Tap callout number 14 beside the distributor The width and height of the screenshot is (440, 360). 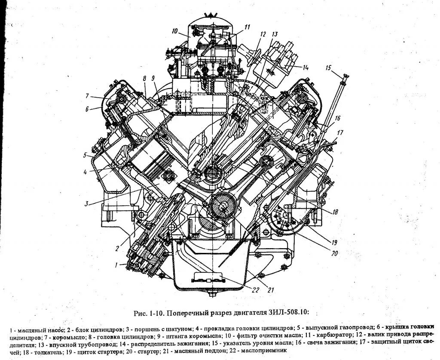click(305, 67)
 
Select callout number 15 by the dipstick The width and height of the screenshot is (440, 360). click(329, 68)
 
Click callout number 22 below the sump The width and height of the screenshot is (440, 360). click(255, 289)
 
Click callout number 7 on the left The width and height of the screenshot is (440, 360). click(87, 95)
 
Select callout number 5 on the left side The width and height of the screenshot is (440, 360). click(86, 155)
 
